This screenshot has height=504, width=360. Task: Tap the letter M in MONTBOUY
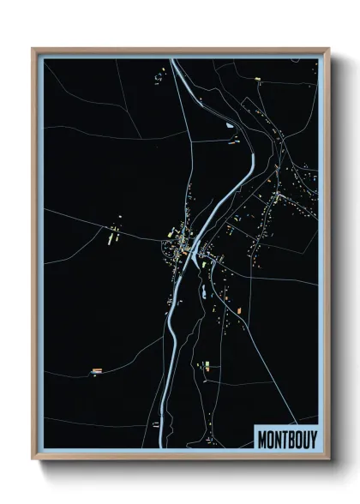coord(261,438)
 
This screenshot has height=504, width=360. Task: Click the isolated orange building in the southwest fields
coord(97,371)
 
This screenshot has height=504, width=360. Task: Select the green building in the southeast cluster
coord(206,366)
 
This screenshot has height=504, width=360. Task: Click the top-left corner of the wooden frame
coord(33,49)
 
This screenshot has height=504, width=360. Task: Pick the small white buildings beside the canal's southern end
coord(155,425)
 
